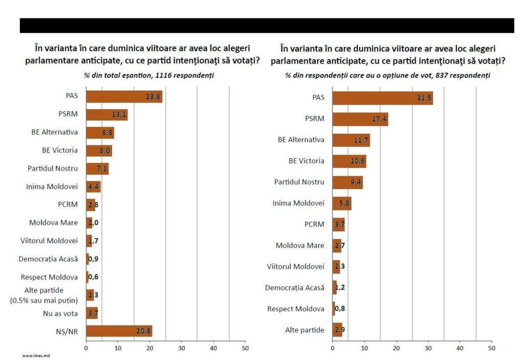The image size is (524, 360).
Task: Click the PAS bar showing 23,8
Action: point(124,96)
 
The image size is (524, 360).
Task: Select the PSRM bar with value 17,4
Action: point(360,119)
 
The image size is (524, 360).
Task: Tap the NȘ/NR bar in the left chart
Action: point(119,331)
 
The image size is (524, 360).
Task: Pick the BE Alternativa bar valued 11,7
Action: point(351,140)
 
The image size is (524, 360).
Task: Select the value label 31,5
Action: point(424,98)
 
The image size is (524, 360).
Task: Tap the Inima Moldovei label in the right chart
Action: point(298,203)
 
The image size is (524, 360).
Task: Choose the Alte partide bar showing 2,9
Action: point(337,330)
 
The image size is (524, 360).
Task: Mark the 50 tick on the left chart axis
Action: point(245,348)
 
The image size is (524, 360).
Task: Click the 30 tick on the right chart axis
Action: point(428,348)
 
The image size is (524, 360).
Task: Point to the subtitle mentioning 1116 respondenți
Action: point(149,75)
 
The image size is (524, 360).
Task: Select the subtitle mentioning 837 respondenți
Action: point(388,75)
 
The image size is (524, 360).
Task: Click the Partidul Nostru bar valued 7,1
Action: point(97,168)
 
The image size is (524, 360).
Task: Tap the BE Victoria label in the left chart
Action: point(60,151)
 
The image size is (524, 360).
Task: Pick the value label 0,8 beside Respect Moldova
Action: point(339,309)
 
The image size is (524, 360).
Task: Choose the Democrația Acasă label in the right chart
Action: point(294,288)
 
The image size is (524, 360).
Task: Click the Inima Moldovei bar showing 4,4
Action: point(93,186)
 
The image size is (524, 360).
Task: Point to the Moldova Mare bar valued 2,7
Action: point(337,245)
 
